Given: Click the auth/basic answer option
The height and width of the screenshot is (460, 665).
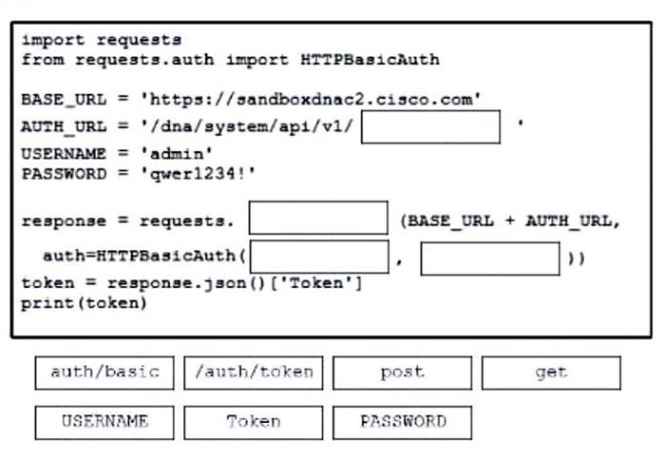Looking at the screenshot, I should [104, 373].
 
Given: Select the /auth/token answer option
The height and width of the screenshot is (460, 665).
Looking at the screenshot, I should [254, 373].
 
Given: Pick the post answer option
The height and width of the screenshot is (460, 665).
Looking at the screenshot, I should [402, 373].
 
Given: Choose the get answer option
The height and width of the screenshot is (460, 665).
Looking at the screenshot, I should [551, 373].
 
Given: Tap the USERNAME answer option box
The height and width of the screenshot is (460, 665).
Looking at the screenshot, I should [104, 422].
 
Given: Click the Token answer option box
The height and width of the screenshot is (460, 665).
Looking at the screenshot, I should [254, 422].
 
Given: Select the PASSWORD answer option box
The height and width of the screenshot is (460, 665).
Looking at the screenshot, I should [402, 422].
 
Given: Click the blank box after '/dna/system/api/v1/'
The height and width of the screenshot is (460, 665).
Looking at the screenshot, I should [430, 126].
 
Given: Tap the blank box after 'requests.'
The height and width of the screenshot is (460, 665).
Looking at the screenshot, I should [318, 218].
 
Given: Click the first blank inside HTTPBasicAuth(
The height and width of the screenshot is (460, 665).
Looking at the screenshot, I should [320, 258].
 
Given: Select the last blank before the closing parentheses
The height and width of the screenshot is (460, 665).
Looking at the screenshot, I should [490, 258].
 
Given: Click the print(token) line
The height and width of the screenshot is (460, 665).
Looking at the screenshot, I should [84, 304].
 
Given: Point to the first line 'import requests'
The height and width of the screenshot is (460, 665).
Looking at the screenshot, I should [101, 40].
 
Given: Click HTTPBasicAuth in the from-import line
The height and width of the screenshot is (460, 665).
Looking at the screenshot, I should [370, 59].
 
